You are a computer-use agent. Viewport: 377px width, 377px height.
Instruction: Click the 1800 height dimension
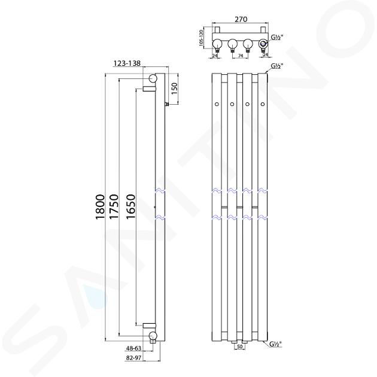click(100, 207)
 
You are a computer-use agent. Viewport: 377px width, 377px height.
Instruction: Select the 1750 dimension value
click(114, 206)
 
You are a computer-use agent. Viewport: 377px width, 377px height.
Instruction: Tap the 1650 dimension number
click(131, 206)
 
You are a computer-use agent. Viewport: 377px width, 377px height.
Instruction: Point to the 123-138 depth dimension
click(127, 63)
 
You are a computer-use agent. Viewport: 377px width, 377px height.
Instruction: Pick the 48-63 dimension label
click(133, 348)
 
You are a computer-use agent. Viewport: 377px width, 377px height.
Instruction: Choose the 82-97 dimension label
click(133, 358)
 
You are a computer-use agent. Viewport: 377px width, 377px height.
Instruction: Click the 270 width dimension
click(241, 19)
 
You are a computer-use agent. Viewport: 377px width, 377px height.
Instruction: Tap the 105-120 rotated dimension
click(202, 39)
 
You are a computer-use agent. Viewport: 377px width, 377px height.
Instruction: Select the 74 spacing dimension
click(240, 55)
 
